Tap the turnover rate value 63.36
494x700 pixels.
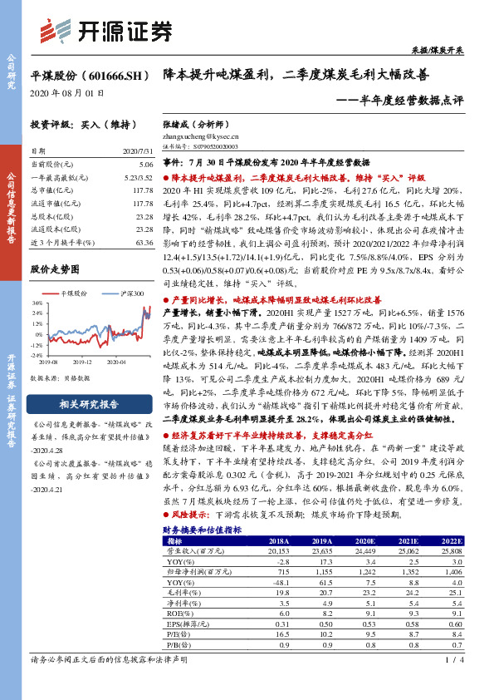144,242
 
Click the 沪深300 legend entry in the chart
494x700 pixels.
131,294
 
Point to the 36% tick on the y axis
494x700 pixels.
37,304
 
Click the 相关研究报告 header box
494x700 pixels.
89,405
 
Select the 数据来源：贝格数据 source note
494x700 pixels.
60,377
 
